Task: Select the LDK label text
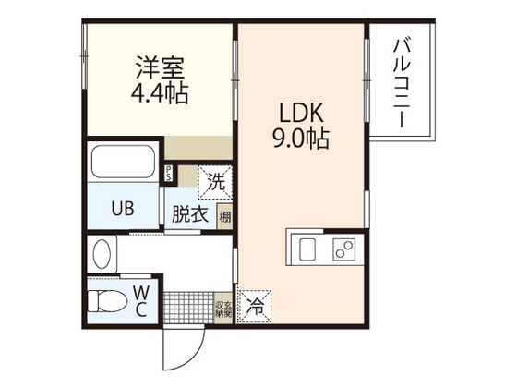coord(303,115)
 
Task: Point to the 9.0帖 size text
coord(303,140)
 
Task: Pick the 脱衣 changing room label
coord(189,213)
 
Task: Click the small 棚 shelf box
coord(224,216)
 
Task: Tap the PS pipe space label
coord(169,171)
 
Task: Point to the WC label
coord(142,300)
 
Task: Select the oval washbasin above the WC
coord(102,253)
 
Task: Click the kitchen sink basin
coord(307,249)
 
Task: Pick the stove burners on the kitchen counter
coord(343,249)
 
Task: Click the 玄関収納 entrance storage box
coord(222,308)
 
